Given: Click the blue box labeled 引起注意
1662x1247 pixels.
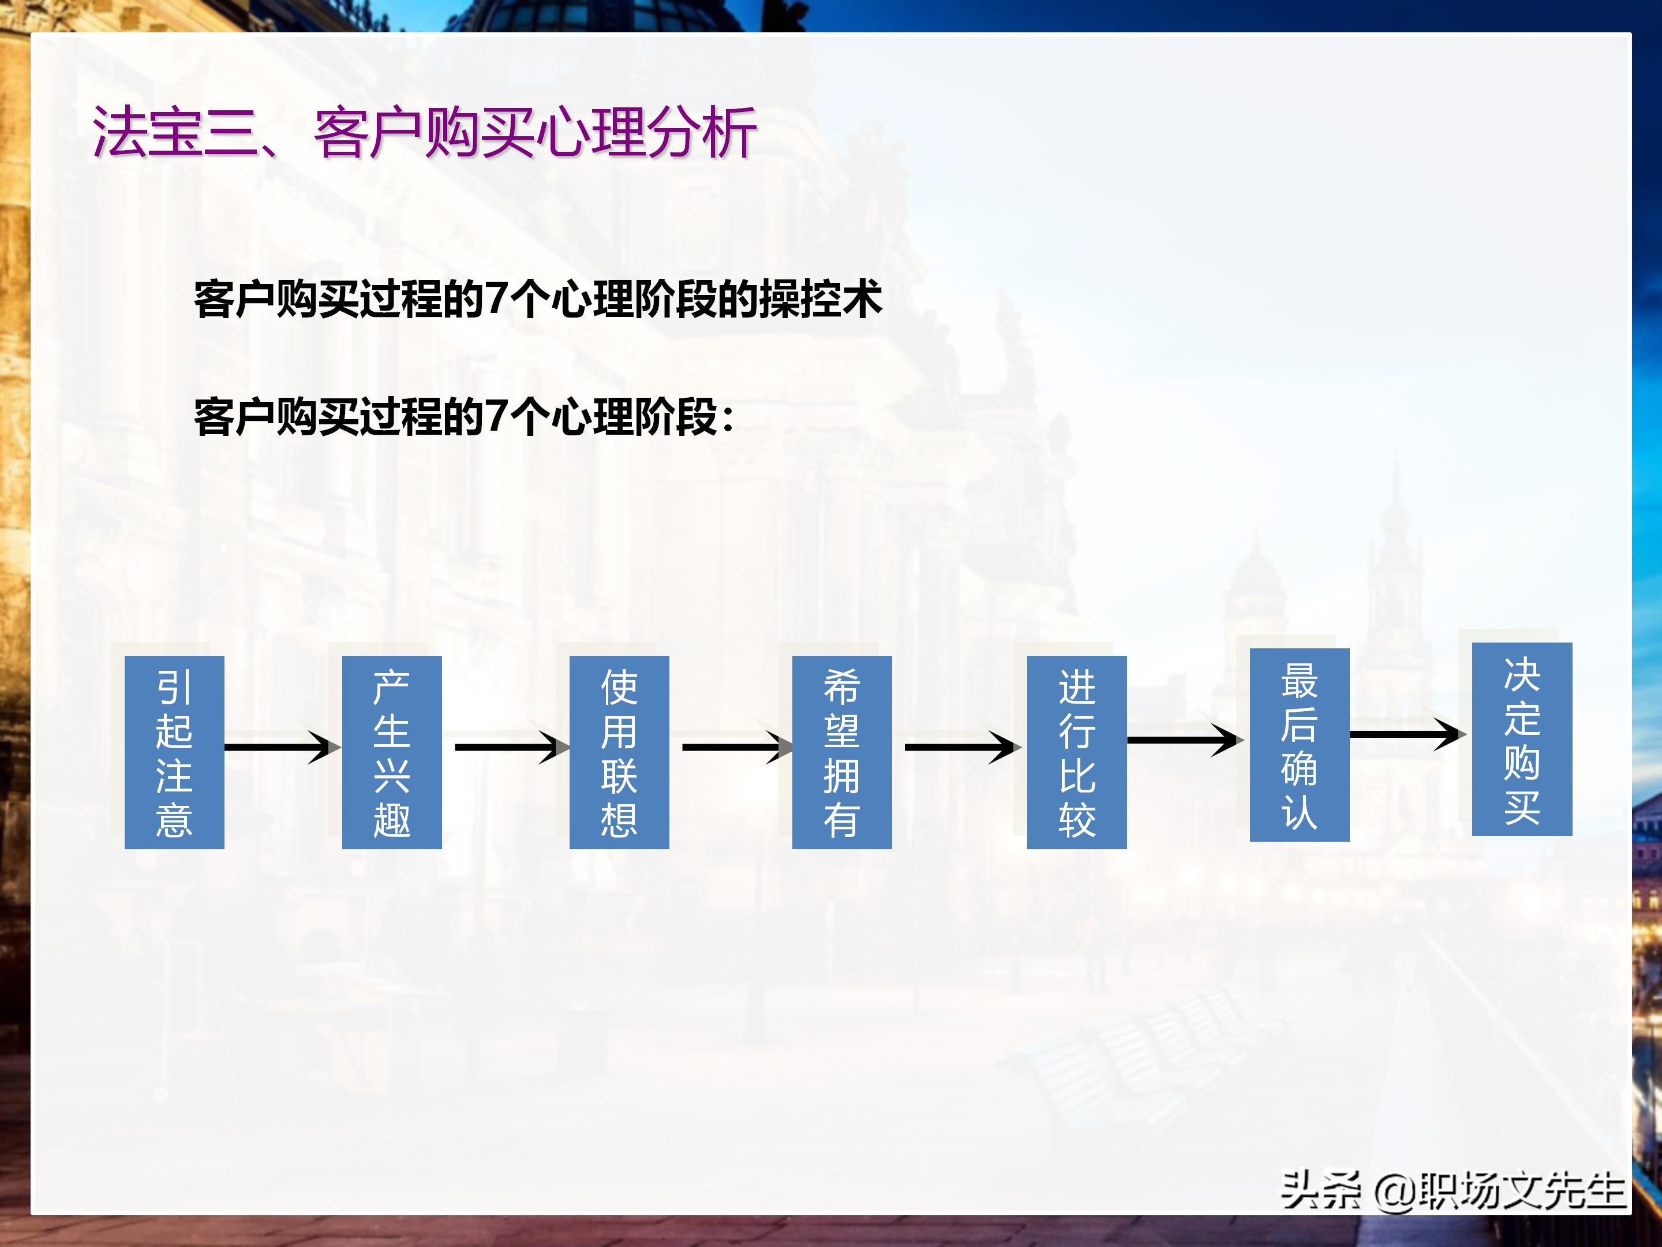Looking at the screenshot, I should click(174, 752).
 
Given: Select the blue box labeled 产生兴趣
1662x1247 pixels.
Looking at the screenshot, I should click(391, 752).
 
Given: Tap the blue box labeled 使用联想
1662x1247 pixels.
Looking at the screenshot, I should click(619, 752).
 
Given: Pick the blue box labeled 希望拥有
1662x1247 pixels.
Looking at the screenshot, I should click(841, 752).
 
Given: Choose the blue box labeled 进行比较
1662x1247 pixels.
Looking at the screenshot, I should click(1077, 752).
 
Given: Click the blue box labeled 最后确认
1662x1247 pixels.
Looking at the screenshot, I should click(1299, 744).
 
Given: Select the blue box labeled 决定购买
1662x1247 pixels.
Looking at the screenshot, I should click(1522, 739).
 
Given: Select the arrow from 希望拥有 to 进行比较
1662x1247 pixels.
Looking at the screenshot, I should click(962, 747).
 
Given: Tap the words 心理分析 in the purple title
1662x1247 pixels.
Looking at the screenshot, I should click(646, 132).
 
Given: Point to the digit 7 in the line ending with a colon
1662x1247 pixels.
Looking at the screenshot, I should click(496, 416).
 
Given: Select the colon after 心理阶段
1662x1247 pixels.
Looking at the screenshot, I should click(727, 418).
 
